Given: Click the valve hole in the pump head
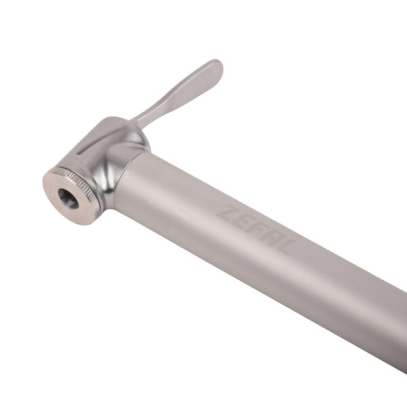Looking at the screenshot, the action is tap(68, 198).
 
